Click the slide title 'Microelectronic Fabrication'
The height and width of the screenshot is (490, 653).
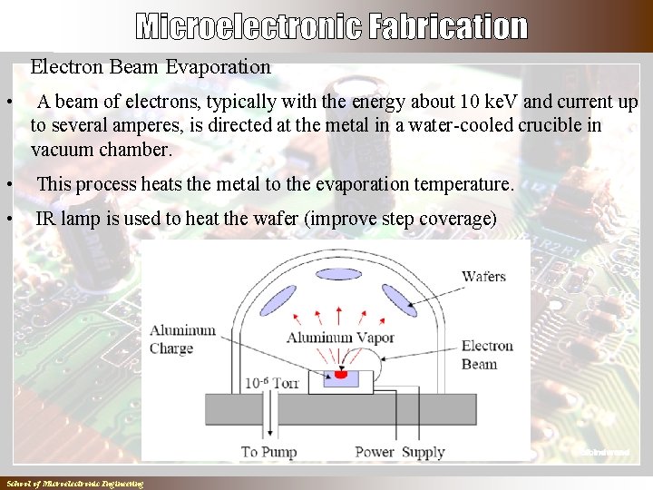coord(332,26)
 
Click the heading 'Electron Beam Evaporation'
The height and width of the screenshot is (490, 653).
coord(151,66)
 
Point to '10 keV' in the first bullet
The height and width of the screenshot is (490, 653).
coord(490,102)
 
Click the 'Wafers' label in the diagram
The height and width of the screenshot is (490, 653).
coord(483,276)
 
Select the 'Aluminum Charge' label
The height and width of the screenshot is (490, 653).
coord(182,339)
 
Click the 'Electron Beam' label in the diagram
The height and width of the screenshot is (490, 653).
coord(487,355)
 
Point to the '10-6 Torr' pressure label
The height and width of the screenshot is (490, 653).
coord(271,383)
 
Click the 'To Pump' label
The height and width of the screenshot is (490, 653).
coord(268,451)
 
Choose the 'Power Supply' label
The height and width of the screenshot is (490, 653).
coord(400,451)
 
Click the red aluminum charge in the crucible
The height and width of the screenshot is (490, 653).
coord(341,373)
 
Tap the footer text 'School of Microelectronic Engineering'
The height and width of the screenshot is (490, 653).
coord(74,484)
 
